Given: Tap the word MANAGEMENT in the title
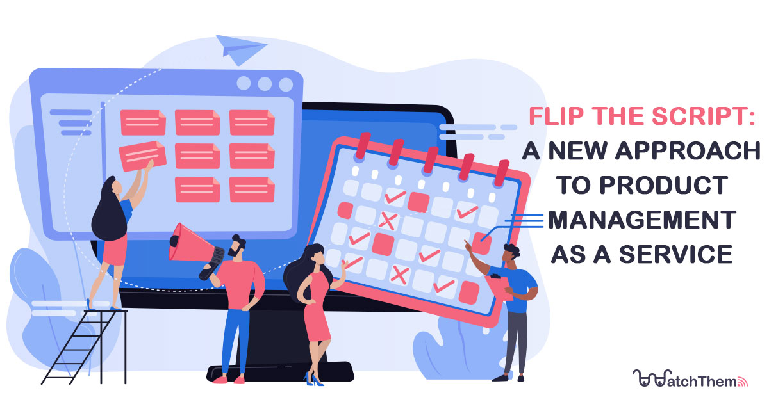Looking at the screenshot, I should (641, 220).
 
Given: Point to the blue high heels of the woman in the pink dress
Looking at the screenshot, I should (314, 378).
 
